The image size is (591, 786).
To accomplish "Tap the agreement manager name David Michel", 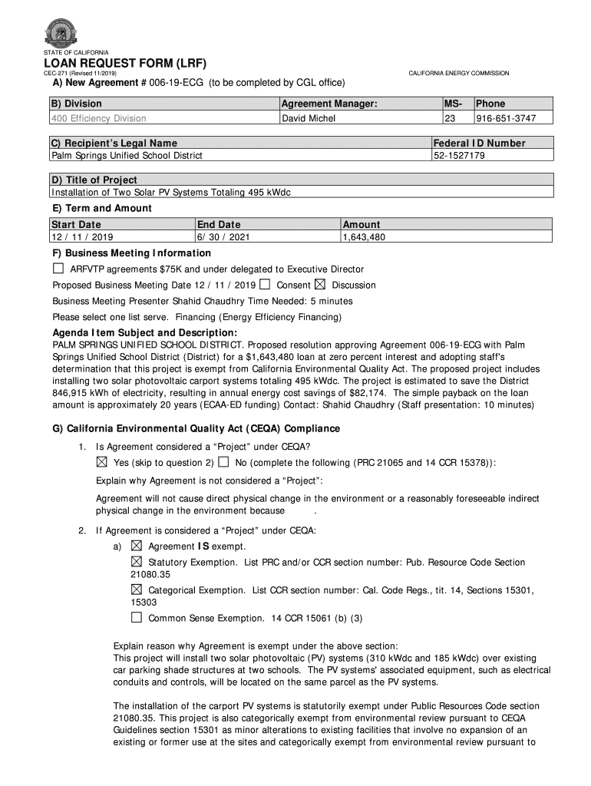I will point(305,118).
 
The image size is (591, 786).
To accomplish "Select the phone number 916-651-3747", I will point(505,118).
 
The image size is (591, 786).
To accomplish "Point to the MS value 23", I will point(451,118).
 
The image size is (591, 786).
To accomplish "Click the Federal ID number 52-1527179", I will point(459,155).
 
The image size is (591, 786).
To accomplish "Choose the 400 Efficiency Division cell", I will point(99,118).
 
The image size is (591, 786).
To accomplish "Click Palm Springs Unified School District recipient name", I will point(127,155).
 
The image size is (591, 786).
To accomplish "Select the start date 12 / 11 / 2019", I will point(82,237).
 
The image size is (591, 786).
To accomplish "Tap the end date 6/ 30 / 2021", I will point(223,237).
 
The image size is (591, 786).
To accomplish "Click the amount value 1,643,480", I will point(364,237).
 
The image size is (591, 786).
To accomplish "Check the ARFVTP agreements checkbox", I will point(58,269).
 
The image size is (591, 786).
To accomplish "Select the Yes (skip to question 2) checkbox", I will point(101,462).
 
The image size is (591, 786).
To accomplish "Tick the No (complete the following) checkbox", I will point(223,462).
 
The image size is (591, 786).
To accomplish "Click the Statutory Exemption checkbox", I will point(137,562).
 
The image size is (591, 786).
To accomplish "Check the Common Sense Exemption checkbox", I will point(137,617).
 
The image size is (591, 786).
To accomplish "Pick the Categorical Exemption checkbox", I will point(137,589).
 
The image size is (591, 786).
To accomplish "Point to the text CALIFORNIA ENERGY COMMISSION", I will point(458,73).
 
